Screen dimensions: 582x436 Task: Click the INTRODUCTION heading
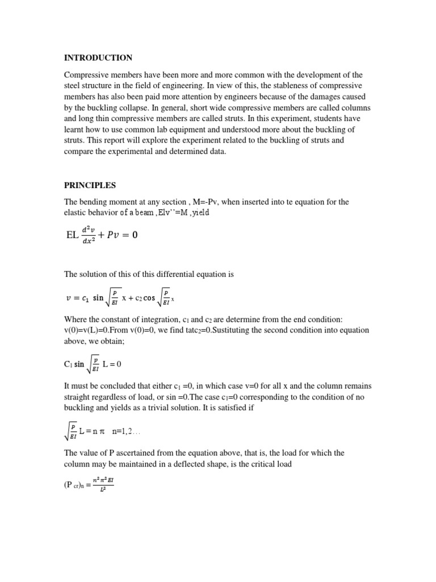coord(98,58)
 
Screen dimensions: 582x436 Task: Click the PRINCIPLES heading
coord(90,185)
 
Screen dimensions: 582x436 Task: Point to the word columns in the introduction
coord(354,107)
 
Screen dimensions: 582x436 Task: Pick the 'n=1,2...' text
coord(126,432)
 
